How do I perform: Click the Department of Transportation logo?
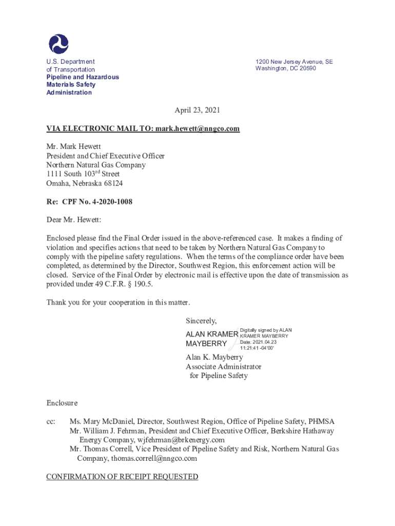coord(58,44)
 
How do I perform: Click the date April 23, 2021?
coord(197,110)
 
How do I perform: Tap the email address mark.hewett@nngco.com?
coord(197,128)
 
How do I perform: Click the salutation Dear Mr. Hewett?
coord(74,220)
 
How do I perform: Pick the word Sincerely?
coord(201,321)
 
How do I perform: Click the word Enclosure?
coord(62,403)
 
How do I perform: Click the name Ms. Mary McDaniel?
coord(101,422)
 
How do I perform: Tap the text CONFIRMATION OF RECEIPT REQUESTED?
coord(122,477)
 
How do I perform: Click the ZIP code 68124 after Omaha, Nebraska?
coord(113,183)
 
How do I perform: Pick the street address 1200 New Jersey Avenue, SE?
coord(294,62)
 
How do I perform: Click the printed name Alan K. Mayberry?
coord(214,358)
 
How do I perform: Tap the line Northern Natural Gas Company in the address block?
coord(96,165)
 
